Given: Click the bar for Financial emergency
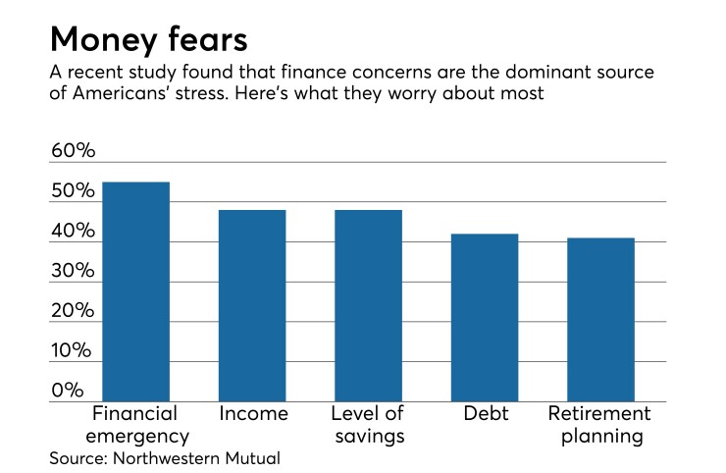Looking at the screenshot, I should coord(135,291).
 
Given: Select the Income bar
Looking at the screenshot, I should coord(252,305).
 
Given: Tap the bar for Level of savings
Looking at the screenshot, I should coord(368,305).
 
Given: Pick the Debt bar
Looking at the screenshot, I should coord(485,317).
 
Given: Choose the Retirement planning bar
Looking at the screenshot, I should coord(600,319).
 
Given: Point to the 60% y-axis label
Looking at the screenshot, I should coord(74,151).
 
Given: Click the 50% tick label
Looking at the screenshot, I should coord(74,191).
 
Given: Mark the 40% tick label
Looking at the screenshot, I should coord(74,232).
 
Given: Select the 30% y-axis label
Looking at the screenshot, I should coord(74,272).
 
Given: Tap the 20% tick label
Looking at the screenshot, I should coord(74,311).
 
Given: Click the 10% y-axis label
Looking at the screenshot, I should coord(74,351).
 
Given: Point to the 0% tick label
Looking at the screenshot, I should coord(68,391).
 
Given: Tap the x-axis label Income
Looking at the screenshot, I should coord(253,413).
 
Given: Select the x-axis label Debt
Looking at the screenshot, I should coord(485,413).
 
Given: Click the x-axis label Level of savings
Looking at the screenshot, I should coord(368,424).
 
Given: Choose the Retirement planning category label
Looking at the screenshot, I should coord(598,424).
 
